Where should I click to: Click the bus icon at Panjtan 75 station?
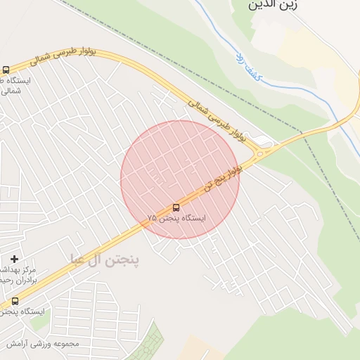(x=176, y=207)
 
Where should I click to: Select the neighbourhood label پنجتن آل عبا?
(x=105, y=259)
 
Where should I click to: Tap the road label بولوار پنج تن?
(x=224, y=179)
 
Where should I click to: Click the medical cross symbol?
(x=14, y=259)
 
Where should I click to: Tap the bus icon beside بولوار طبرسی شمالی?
(x=6, y=70)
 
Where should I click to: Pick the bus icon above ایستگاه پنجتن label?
(x=15, y=301)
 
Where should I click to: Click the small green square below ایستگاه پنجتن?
(x=38, y=325)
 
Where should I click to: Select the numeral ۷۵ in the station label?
(x=153, y=219)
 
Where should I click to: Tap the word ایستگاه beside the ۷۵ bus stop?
(x=193, y=219)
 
